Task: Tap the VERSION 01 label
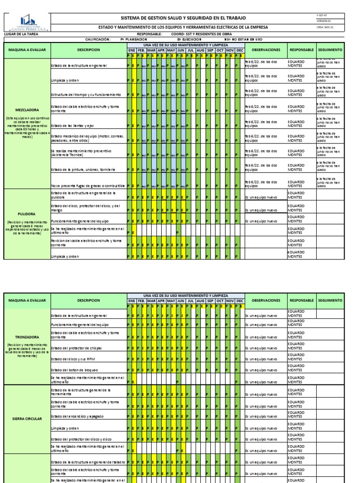pos(324,22)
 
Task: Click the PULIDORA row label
pos(26,213)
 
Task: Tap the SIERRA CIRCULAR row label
pos(26,418)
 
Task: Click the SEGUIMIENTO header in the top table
pos(330,50)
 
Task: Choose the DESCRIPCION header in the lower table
pos(89,300)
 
